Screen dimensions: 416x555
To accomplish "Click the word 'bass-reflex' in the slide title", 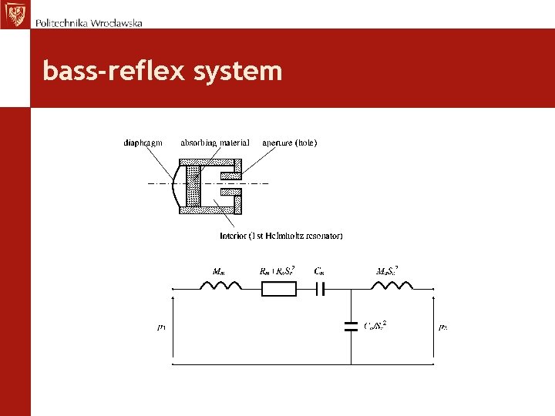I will (113, 72).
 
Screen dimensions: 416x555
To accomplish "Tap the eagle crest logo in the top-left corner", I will (13, 14).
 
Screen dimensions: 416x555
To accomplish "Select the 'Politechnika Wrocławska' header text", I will (89, 23).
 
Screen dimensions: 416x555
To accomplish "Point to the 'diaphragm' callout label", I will (143, 143).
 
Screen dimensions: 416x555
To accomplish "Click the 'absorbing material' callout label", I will (215, 143).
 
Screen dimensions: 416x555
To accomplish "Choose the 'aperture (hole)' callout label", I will (290, 143).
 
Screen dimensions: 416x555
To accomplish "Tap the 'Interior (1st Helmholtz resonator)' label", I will (281, 235).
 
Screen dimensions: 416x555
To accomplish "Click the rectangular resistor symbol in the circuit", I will (278, 289).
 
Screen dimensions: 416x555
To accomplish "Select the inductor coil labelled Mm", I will (221, 287).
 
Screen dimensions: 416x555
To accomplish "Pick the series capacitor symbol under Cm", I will (321, 289).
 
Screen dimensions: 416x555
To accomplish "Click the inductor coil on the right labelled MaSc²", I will (392, 287).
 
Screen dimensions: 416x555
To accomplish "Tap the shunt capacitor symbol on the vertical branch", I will (351, 326).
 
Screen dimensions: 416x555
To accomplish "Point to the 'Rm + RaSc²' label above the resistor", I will (278, 270).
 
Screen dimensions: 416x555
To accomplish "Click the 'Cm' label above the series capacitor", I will (319, 270).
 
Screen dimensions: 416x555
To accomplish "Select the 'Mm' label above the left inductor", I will (219, 270).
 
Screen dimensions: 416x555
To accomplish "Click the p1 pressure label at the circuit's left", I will (161, 327).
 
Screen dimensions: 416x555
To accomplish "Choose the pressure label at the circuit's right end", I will (443, 327).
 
